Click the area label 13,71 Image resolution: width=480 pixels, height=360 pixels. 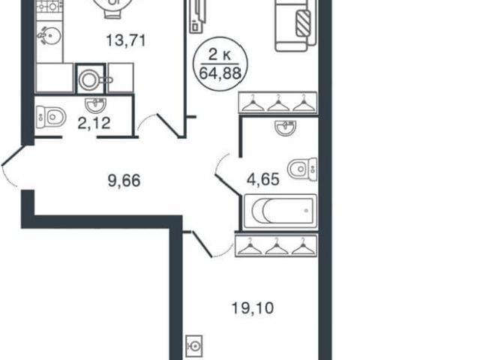126,40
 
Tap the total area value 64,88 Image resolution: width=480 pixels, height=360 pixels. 220,73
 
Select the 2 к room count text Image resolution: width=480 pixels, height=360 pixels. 220,55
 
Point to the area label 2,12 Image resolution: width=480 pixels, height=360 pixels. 94,123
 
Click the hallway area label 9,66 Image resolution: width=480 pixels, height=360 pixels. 124,180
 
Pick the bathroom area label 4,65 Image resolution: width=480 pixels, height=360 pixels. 263,179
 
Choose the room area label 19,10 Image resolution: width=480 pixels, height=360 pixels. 253,308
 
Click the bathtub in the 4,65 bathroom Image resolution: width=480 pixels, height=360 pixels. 280,211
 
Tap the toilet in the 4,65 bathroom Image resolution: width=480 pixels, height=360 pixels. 302,169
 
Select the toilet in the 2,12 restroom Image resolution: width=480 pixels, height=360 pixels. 51,117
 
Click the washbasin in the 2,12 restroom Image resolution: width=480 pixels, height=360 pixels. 96,105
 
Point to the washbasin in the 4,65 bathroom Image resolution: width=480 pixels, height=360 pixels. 285,127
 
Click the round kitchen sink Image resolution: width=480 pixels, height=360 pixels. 50,36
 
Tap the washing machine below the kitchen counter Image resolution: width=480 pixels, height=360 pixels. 91,79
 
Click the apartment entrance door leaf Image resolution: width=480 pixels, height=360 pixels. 13,156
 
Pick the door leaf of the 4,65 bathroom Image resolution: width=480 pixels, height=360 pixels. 228,184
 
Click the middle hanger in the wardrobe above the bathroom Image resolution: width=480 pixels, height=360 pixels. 278,103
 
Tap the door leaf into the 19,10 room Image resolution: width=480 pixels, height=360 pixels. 202,244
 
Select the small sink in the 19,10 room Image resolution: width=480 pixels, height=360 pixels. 194,346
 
